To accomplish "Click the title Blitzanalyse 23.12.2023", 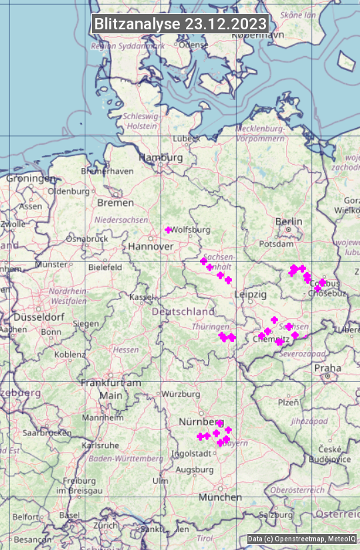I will [x=180, y=24].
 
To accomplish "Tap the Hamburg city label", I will [x=160, y=158].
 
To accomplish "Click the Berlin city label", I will [x=289, y=221].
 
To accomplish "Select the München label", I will [x=219, y=497].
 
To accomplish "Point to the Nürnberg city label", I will [x=199, y=422].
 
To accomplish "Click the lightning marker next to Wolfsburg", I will [x=169, y=230].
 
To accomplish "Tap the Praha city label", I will [x=327, y=368].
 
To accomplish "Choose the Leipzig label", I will [x=251, y=294].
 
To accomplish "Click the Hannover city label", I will [x=151, y=247].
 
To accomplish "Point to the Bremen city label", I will [x=115, y=203].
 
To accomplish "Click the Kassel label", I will [x=141, y=297].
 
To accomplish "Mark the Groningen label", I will [x=31, y=179].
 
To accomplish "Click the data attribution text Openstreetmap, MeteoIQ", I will [x=301, y=539].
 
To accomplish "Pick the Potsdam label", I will [x=276, y=245].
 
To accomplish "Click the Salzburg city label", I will [x=277, y=515].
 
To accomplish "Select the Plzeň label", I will [x=288, y=403].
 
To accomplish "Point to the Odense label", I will [x=193, y=45].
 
